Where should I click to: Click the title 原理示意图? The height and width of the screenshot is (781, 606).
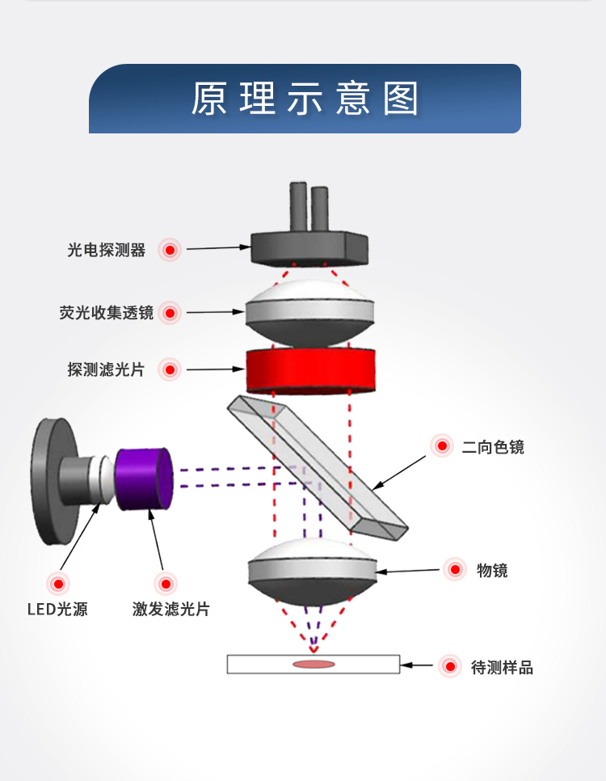point(305,99)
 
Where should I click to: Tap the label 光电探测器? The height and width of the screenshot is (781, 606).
point(107,251)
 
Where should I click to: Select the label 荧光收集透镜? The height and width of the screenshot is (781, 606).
point(106,313)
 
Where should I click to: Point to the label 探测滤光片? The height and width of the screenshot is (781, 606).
point(106,370)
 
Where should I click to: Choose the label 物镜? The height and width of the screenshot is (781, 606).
point(492,571)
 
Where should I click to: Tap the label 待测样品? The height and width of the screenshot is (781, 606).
point(502,668)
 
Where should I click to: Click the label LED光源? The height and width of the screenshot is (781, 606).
point(57,609)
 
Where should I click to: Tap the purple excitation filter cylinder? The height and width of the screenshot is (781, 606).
point(143,479)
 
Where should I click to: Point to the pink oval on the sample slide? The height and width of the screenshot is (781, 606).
point(314,665)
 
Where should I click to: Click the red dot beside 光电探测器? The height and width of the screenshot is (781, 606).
point(170,251)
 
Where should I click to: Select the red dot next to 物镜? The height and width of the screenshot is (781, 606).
point(456,570)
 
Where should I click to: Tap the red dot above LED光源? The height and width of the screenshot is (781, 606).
point(57,583)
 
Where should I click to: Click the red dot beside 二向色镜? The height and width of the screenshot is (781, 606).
point(441,445)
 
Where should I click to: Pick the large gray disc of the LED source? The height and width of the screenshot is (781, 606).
point(50,480)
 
